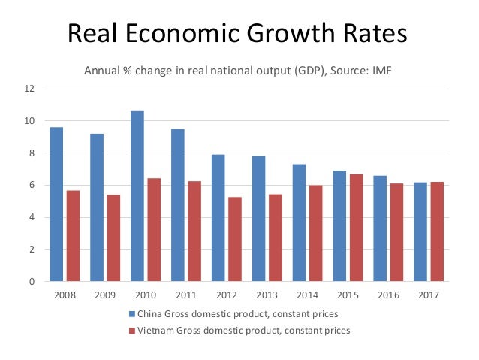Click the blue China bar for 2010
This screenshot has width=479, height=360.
click(137, 196)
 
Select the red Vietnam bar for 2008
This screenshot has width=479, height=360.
click(73, 236)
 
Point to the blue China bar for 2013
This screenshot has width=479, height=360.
click(258, 219)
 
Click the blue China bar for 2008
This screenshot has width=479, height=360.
click(56, 204)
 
